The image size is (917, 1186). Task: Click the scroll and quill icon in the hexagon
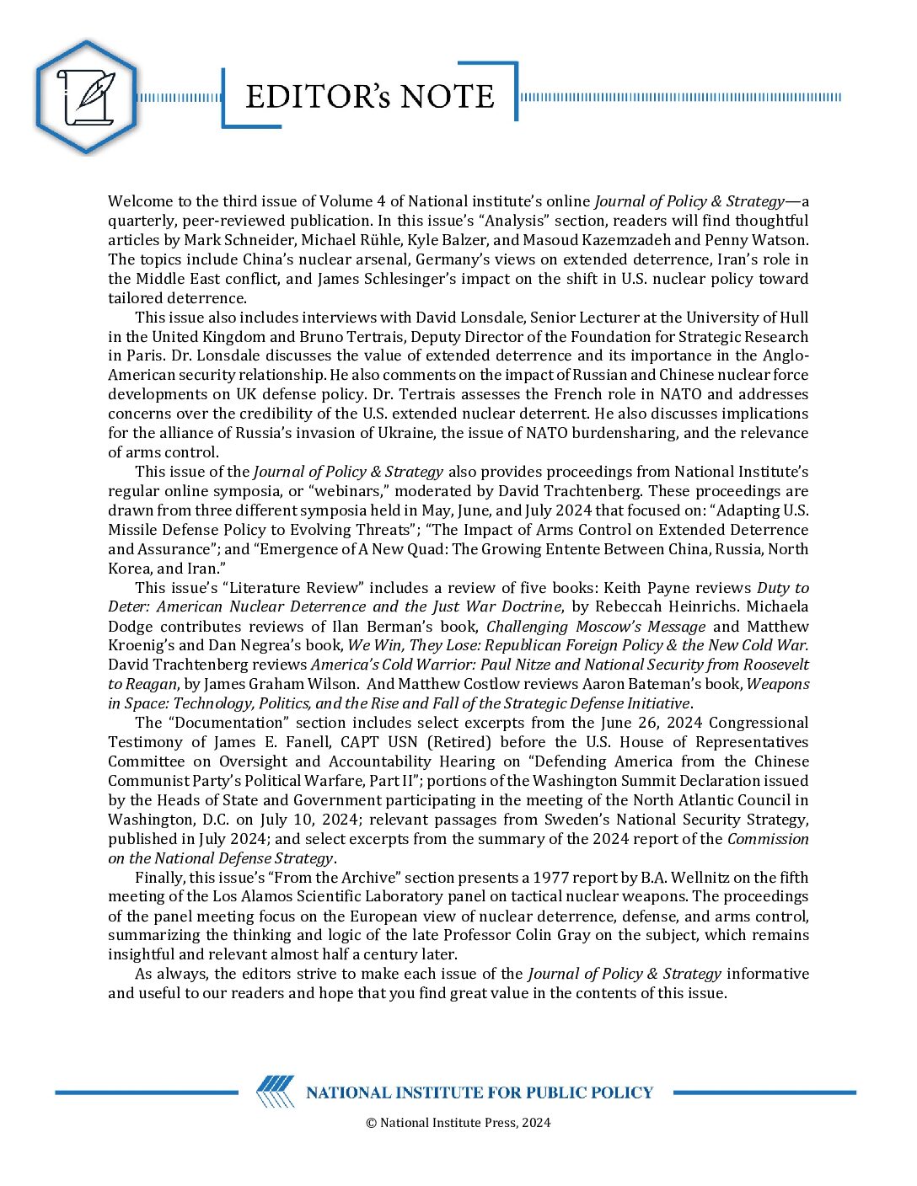[85, 97]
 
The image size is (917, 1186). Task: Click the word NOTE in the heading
[447, 97]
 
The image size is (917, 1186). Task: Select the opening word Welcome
[139, 201]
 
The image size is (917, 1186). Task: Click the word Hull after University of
[792, 318]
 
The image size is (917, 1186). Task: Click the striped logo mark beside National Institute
[276, 1093]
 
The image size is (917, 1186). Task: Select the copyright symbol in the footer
[371, 1123]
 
